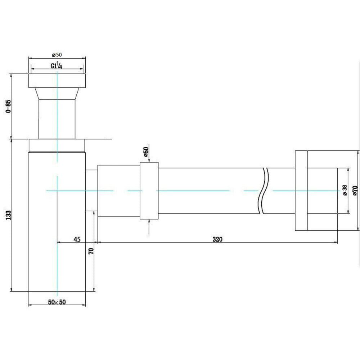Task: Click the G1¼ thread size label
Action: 57,66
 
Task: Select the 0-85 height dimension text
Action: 8,106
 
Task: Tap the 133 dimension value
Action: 8,215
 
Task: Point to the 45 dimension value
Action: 77,239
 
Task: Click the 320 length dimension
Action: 217,239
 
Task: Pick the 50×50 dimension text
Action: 57,302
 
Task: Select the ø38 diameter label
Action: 345,190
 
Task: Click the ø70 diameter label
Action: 355,190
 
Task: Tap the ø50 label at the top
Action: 57,55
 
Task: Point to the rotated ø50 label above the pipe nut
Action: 146,152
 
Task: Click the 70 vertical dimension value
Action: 91,251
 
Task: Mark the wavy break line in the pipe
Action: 264,190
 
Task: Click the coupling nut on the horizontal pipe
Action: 149,191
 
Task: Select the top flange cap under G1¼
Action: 57,81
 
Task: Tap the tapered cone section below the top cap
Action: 57,94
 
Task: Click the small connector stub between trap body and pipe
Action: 91,190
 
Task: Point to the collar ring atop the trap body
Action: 57,145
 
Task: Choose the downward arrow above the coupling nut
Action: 149,153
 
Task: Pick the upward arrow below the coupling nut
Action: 149,227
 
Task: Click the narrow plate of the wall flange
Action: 301,190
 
